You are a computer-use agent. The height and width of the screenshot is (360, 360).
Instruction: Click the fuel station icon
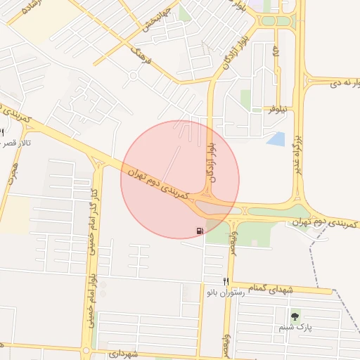pyautogui.click(x=201, y=230)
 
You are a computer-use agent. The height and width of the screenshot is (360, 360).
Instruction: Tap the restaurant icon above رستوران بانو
pyautogui.click(x=226, y=281)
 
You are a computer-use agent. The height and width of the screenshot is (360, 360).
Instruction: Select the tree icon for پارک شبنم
pyautogui.click(x=295, y=316)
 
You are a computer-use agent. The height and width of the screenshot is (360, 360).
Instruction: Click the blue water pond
pyautogui.click(x=276, y=139)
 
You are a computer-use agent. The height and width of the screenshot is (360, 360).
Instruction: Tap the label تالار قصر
pyautogui.click(x=18, y=143)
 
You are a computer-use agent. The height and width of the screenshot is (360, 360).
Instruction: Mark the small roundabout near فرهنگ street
pyautogui.click(x=133, y=75)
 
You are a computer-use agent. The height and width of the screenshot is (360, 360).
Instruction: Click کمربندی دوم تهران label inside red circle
pyautogui.click(x=162, y=182)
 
